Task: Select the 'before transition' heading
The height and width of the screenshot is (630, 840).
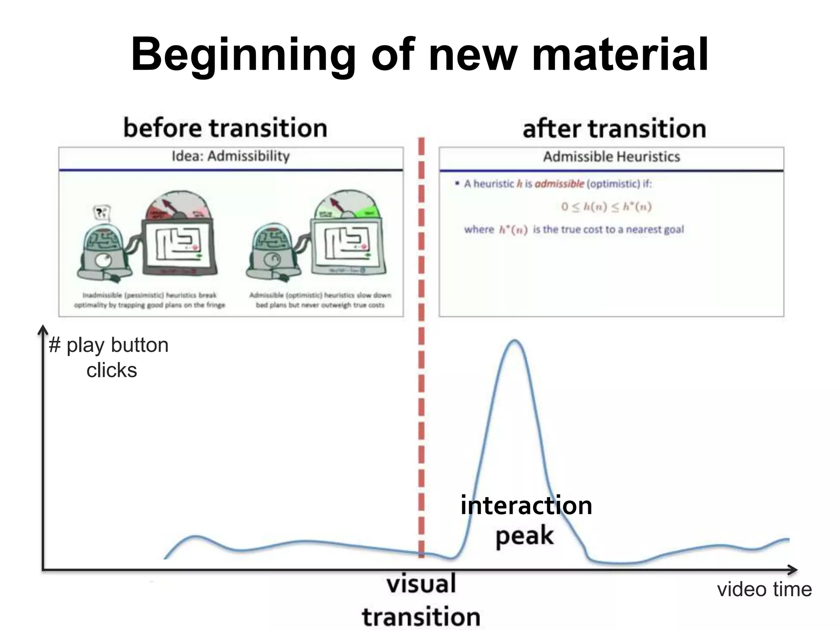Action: pyautogui.click(x=225, y=128)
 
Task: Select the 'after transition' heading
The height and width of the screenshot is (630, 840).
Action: pyautogui.click(x=614, y=128)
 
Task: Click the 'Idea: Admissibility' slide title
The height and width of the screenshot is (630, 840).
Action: pyautogui.click(x=231, y=156)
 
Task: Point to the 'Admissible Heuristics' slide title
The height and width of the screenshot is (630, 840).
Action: pyautogui.click(x=611, y=157)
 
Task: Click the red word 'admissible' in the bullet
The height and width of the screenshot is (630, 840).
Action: pyautogui.click(x=559, y=184)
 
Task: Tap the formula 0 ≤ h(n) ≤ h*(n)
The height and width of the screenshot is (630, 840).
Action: pyautogui.click(x=606, y=206)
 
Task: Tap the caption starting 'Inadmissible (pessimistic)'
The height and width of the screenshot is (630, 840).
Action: pyautogui.click(x=149, y=300)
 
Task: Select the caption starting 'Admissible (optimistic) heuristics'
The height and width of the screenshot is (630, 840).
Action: pyautogui.click(x=320, y=300)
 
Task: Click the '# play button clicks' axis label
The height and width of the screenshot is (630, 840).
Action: pyautogui.click(x=109, y=357)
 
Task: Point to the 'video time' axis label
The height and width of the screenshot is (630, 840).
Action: pyautogui.click(x=764, y=589)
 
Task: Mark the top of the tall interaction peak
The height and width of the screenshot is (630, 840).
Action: pyautogui.click(x=514, y=341)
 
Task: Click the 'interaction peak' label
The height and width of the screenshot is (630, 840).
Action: pyautogui.click(x=526, y=520)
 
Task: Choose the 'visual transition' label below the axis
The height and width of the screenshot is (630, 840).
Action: pyautogui.click(x=421, y=600)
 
